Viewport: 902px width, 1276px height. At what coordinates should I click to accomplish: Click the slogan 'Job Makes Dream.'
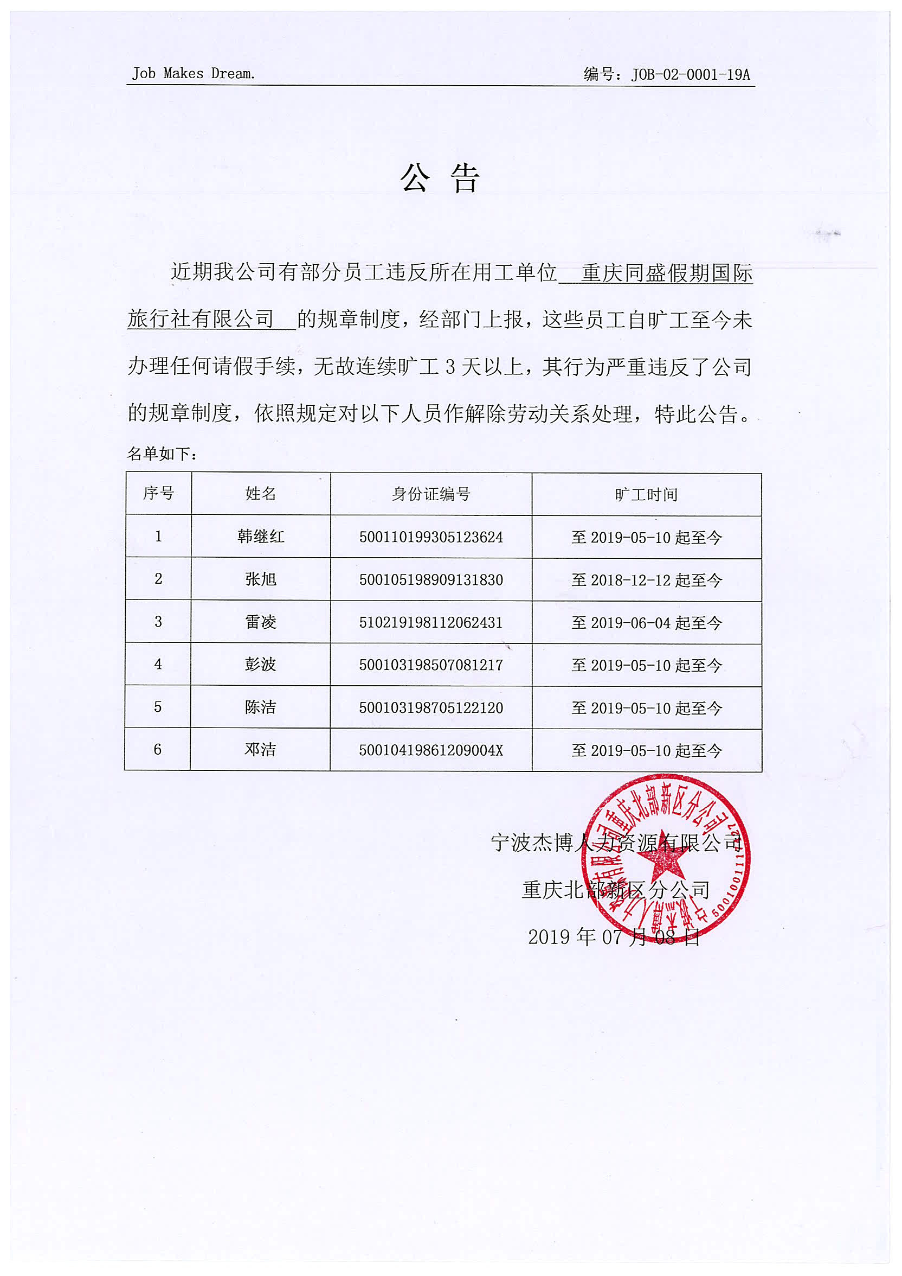click(x=194, y=73)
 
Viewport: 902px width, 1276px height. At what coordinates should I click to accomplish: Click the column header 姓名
click(x=261, y=494)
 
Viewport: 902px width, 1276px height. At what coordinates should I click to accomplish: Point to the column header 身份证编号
click(x=431, y=494)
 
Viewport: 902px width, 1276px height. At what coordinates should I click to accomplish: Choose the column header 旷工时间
click(x=646, y=495)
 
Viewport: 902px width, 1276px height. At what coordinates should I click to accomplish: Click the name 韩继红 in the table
click(x=261, y=537)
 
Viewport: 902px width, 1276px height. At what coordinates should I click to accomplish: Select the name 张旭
click(x=261, y=579)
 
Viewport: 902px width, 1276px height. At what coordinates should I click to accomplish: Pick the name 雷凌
click(x=261, y=622)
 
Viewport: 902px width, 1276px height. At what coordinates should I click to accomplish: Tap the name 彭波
click(x=261, y=664)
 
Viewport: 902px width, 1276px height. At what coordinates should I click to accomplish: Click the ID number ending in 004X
click(x=431, y=750)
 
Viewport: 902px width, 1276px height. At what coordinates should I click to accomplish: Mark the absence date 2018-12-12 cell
click(x=647, y=580)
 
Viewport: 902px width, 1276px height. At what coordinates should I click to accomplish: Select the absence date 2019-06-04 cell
click(x=647, y=623)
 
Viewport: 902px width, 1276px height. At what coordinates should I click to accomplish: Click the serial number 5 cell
click(x=158, y=707)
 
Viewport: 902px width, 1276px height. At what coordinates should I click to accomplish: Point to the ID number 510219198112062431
click(x=431, y=622)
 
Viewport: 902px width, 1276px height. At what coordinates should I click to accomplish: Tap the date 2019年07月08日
click(x=614, y=937)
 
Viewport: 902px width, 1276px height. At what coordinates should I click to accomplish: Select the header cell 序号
click(x=158, y=493)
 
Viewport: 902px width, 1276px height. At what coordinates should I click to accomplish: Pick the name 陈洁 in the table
click(x=261, y=707)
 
